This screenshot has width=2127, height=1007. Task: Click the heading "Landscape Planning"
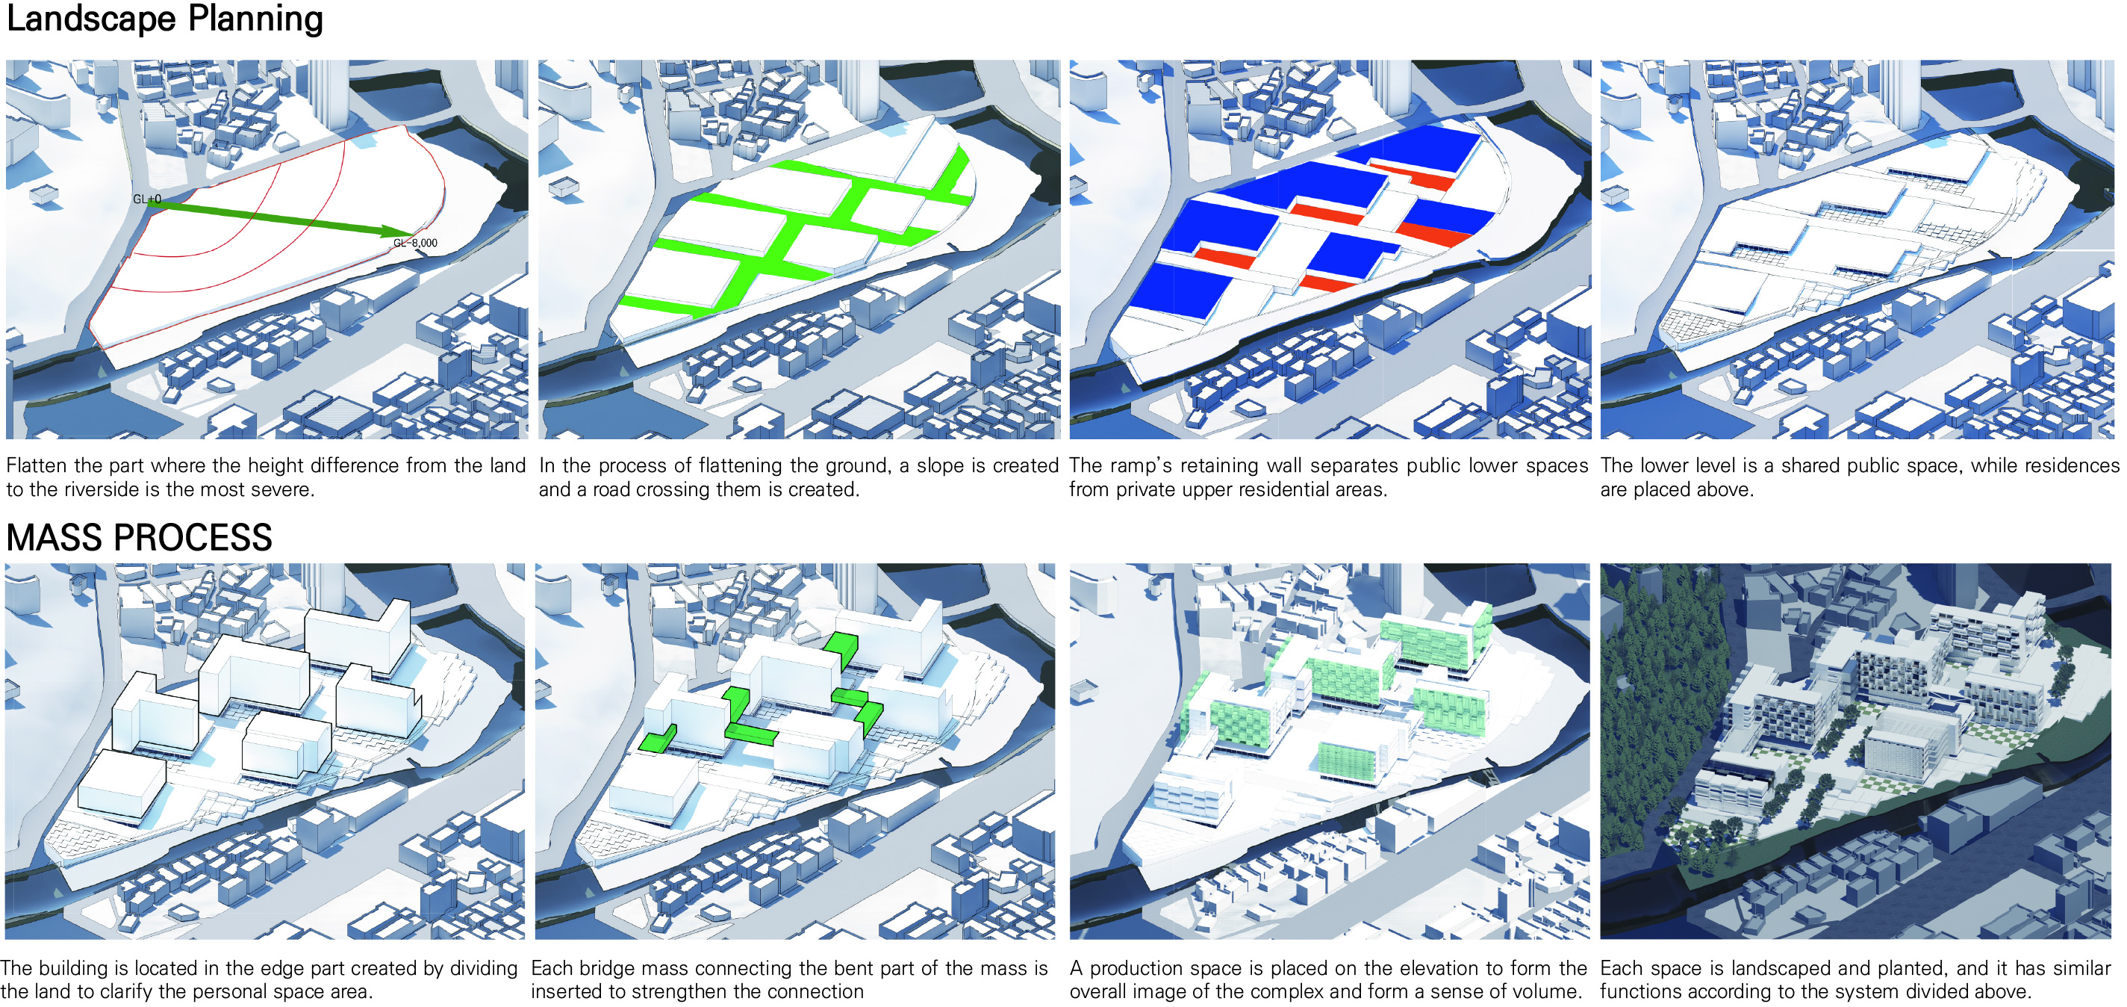pos(164,19)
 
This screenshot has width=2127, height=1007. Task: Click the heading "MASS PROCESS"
pos(139,538)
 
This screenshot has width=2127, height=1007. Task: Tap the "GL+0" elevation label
pos(147,199)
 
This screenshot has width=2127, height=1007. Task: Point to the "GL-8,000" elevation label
pos(415,243)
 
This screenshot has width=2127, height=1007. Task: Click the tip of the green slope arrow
pos(413,235)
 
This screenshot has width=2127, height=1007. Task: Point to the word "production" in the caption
pos(1134,969)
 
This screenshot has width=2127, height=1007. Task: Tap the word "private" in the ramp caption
pos(1146,490)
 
